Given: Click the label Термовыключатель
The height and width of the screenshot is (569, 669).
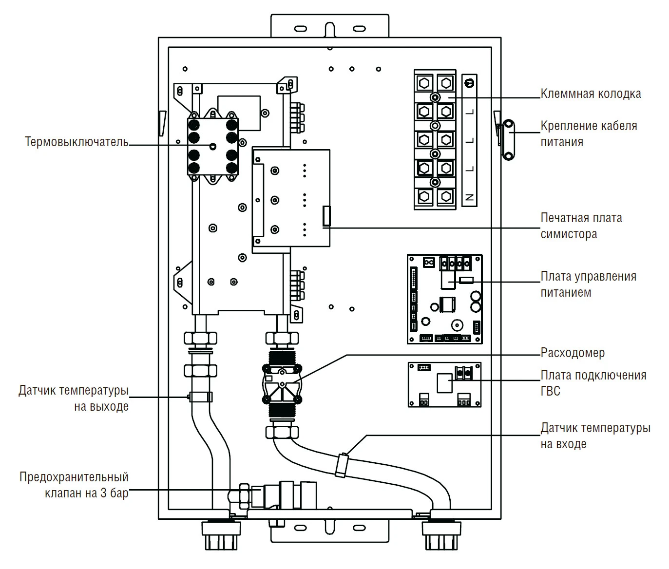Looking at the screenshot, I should tap(76, 142).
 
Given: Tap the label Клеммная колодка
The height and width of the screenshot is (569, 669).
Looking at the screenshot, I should tap(591, 94).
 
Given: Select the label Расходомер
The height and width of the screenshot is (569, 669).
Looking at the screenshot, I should tap(573, 353).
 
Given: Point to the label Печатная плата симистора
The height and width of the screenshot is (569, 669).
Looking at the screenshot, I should tap(581, 226).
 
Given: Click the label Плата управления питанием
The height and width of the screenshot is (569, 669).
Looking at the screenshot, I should tap(588, 284).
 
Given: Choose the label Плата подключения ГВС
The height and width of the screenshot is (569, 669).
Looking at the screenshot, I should tap(593, 383).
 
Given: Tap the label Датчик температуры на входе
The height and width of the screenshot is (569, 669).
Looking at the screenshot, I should tap(595, 436).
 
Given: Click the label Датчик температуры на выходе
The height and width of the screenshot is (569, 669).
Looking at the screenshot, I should tap(74, 398).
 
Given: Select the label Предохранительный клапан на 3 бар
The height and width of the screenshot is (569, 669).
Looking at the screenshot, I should tap(74, 485).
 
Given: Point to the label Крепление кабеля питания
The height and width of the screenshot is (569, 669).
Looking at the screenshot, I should tap(588, 134).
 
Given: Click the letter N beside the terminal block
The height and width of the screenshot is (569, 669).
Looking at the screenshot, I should tap(469, 197).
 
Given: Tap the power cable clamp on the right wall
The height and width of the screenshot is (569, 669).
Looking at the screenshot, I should tap(508, 140).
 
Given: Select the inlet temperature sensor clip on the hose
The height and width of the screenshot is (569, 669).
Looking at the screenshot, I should tap(343, 464).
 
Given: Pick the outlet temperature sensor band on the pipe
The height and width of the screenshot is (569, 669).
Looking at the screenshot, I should tap(201, 397).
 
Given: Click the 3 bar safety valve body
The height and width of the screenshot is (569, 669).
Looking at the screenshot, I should tap(283, 496).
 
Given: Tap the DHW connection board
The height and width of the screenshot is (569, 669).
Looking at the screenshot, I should tap(444, 385).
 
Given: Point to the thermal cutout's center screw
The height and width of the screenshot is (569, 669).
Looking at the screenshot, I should tap(212, 146).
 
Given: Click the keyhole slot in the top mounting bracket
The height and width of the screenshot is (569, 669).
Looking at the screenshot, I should tap(330, 29).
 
